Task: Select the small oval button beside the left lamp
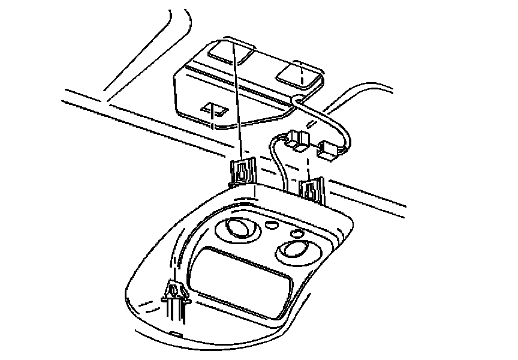click(271, 224)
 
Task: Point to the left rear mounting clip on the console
click(243, 172)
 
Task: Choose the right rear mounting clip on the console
click(312, 189)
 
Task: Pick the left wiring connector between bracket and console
click(298, 140)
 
